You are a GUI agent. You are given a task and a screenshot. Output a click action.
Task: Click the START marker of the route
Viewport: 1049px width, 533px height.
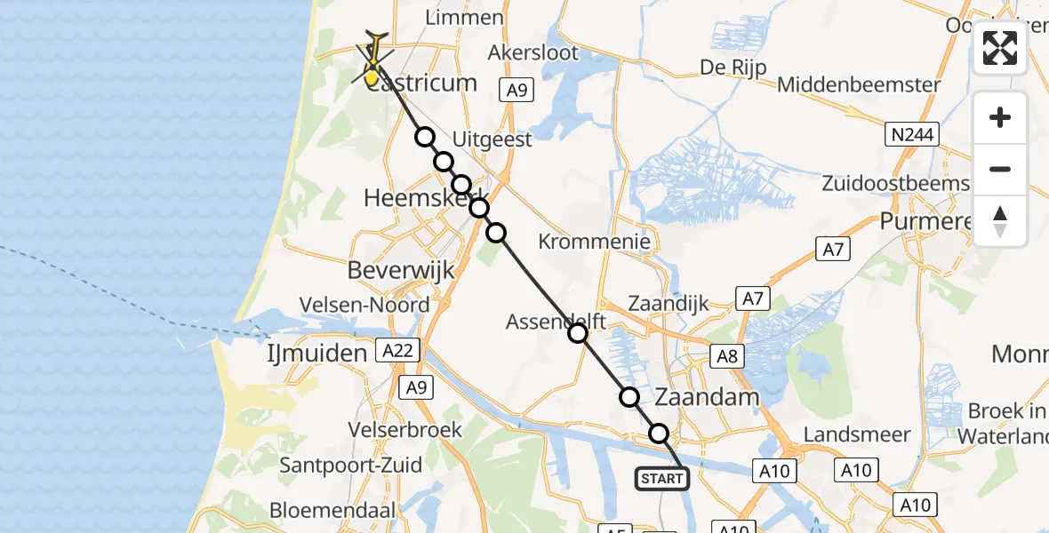pos(662,479)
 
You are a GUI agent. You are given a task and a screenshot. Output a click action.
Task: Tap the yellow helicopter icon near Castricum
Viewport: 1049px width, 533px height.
pos(374,60)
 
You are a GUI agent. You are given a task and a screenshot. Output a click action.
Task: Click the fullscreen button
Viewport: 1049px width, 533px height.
pos(1000,48)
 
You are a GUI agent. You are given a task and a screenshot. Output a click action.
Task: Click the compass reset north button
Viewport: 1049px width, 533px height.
pos(1000,221)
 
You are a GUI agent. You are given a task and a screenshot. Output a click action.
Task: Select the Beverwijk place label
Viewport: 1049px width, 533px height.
pos(402,270)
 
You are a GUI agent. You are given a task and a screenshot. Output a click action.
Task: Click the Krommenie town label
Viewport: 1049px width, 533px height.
pos(595,241)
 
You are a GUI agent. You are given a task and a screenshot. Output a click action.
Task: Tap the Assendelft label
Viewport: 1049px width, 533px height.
pos(556,322)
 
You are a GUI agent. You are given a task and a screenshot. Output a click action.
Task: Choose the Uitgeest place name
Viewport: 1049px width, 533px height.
pos(492,139)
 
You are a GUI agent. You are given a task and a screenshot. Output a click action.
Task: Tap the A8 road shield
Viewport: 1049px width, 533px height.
pos(726,356)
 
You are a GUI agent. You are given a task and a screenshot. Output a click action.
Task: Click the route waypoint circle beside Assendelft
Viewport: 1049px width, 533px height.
pos(578,333)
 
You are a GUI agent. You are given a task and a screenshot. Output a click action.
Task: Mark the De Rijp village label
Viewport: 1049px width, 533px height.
pos(733,68)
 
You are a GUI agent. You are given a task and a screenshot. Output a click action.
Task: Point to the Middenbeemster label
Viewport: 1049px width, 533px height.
pos(859,85)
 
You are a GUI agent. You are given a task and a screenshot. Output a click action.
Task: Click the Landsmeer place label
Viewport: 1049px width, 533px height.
pos(856,434)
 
